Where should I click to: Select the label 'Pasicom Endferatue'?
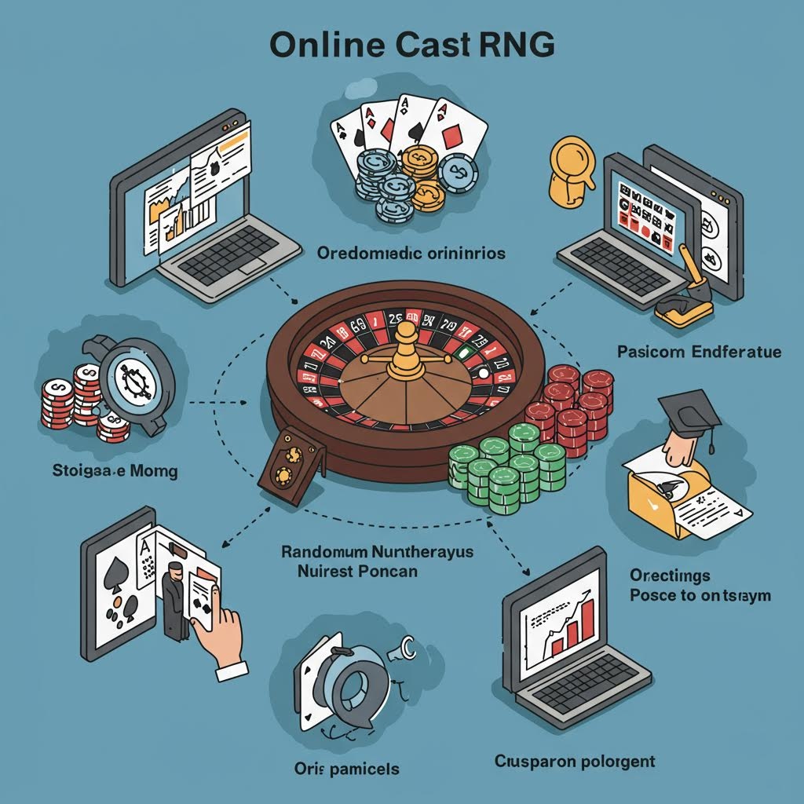pos(699,352)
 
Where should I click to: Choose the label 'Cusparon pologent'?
pos(575,761)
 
